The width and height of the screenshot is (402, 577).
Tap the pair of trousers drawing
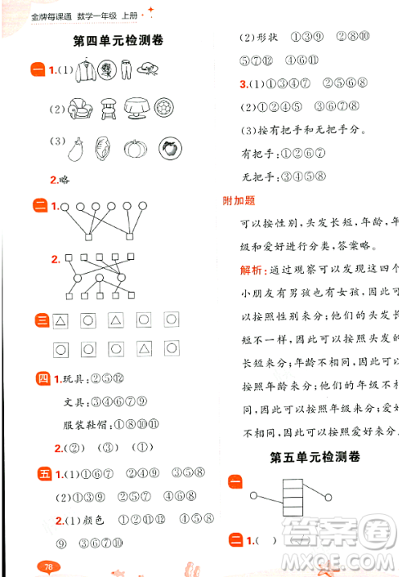(x=125, y=72)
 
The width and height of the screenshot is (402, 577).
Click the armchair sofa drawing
(x=79, y=109)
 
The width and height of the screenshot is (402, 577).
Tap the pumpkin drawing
(x=135, y=148)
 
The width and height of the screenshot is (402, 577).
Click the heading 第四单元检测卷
(x=117, y=40)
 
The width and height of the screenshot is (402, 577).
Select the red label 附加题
(x=239, y=201)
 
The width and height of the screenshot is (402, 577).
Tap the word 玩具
(x=73, y=378)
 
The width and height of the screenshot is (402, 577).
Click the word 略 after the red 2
(x=65, y=180)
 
